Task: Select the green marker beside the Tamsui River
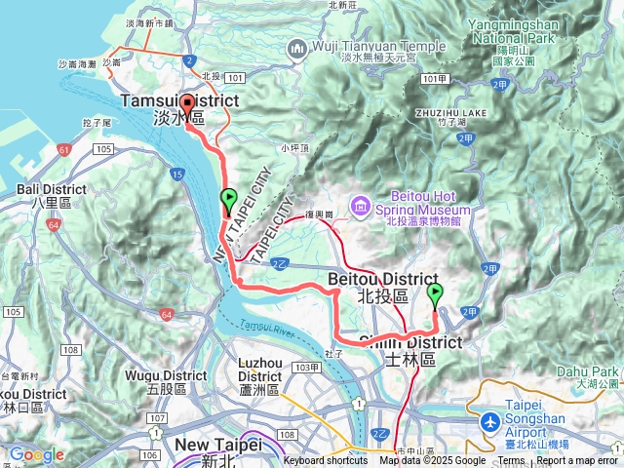pos(228,199)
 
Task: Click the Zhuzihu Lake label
pos(477,113)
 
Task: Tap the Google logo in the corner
pos(36,454)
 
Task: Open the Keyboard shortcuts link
pos(327,461)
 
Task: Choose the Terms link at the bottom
pos(510,461)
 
